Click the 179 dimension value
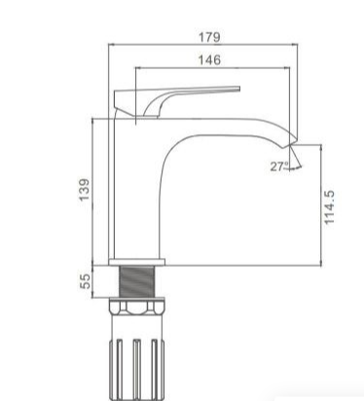209,37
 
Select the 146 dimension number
209,60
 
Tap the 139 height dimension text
85,190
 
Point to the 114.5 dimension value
329,207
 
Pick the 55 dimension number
85,281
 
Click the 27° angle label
279,166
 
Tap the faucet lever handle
177,101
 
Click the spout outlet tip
293,142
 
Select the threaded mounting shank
136,281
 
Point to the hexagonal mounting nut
137,306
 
